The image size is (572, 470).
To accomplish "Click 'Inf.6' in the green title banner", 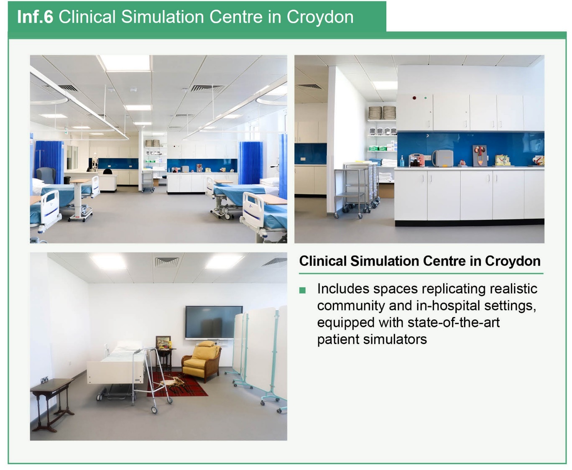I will click(35, 17).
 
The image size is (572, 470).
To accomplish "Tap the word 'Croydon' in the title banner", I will click(320, 17).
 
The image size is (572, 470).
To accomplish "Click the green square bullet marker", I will click(303, 290).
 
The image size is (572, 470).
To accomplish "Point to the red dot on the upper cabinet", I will click(414, 98).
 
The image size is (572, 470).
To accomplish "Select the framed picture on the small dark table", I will click(163, 342).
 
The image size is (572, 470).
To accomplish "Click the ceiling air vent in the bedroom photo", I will click(167, 262).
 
